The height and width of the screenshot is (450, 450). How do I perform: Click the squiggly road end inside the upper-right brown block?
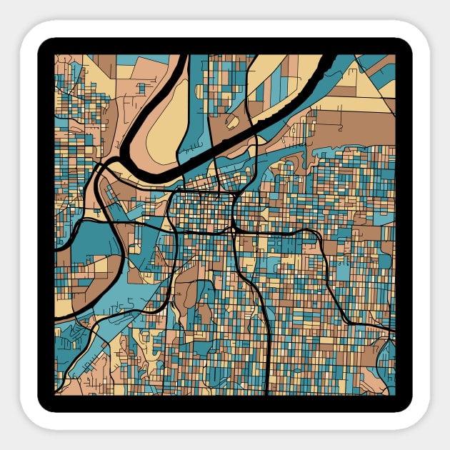[x=341, y=129]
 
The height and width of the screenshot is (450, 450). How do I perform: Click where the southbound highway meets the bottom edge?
[x=266, y=392]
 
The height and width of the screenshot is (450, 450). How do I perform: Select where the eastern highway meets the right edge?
[x=392, y=330]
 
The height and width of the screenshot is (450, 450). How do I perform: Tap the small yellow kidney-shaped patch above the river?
[x=232, y=121]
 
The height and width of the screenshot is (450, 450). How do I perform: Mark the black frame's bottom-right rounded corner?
[x=405, y=405]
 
